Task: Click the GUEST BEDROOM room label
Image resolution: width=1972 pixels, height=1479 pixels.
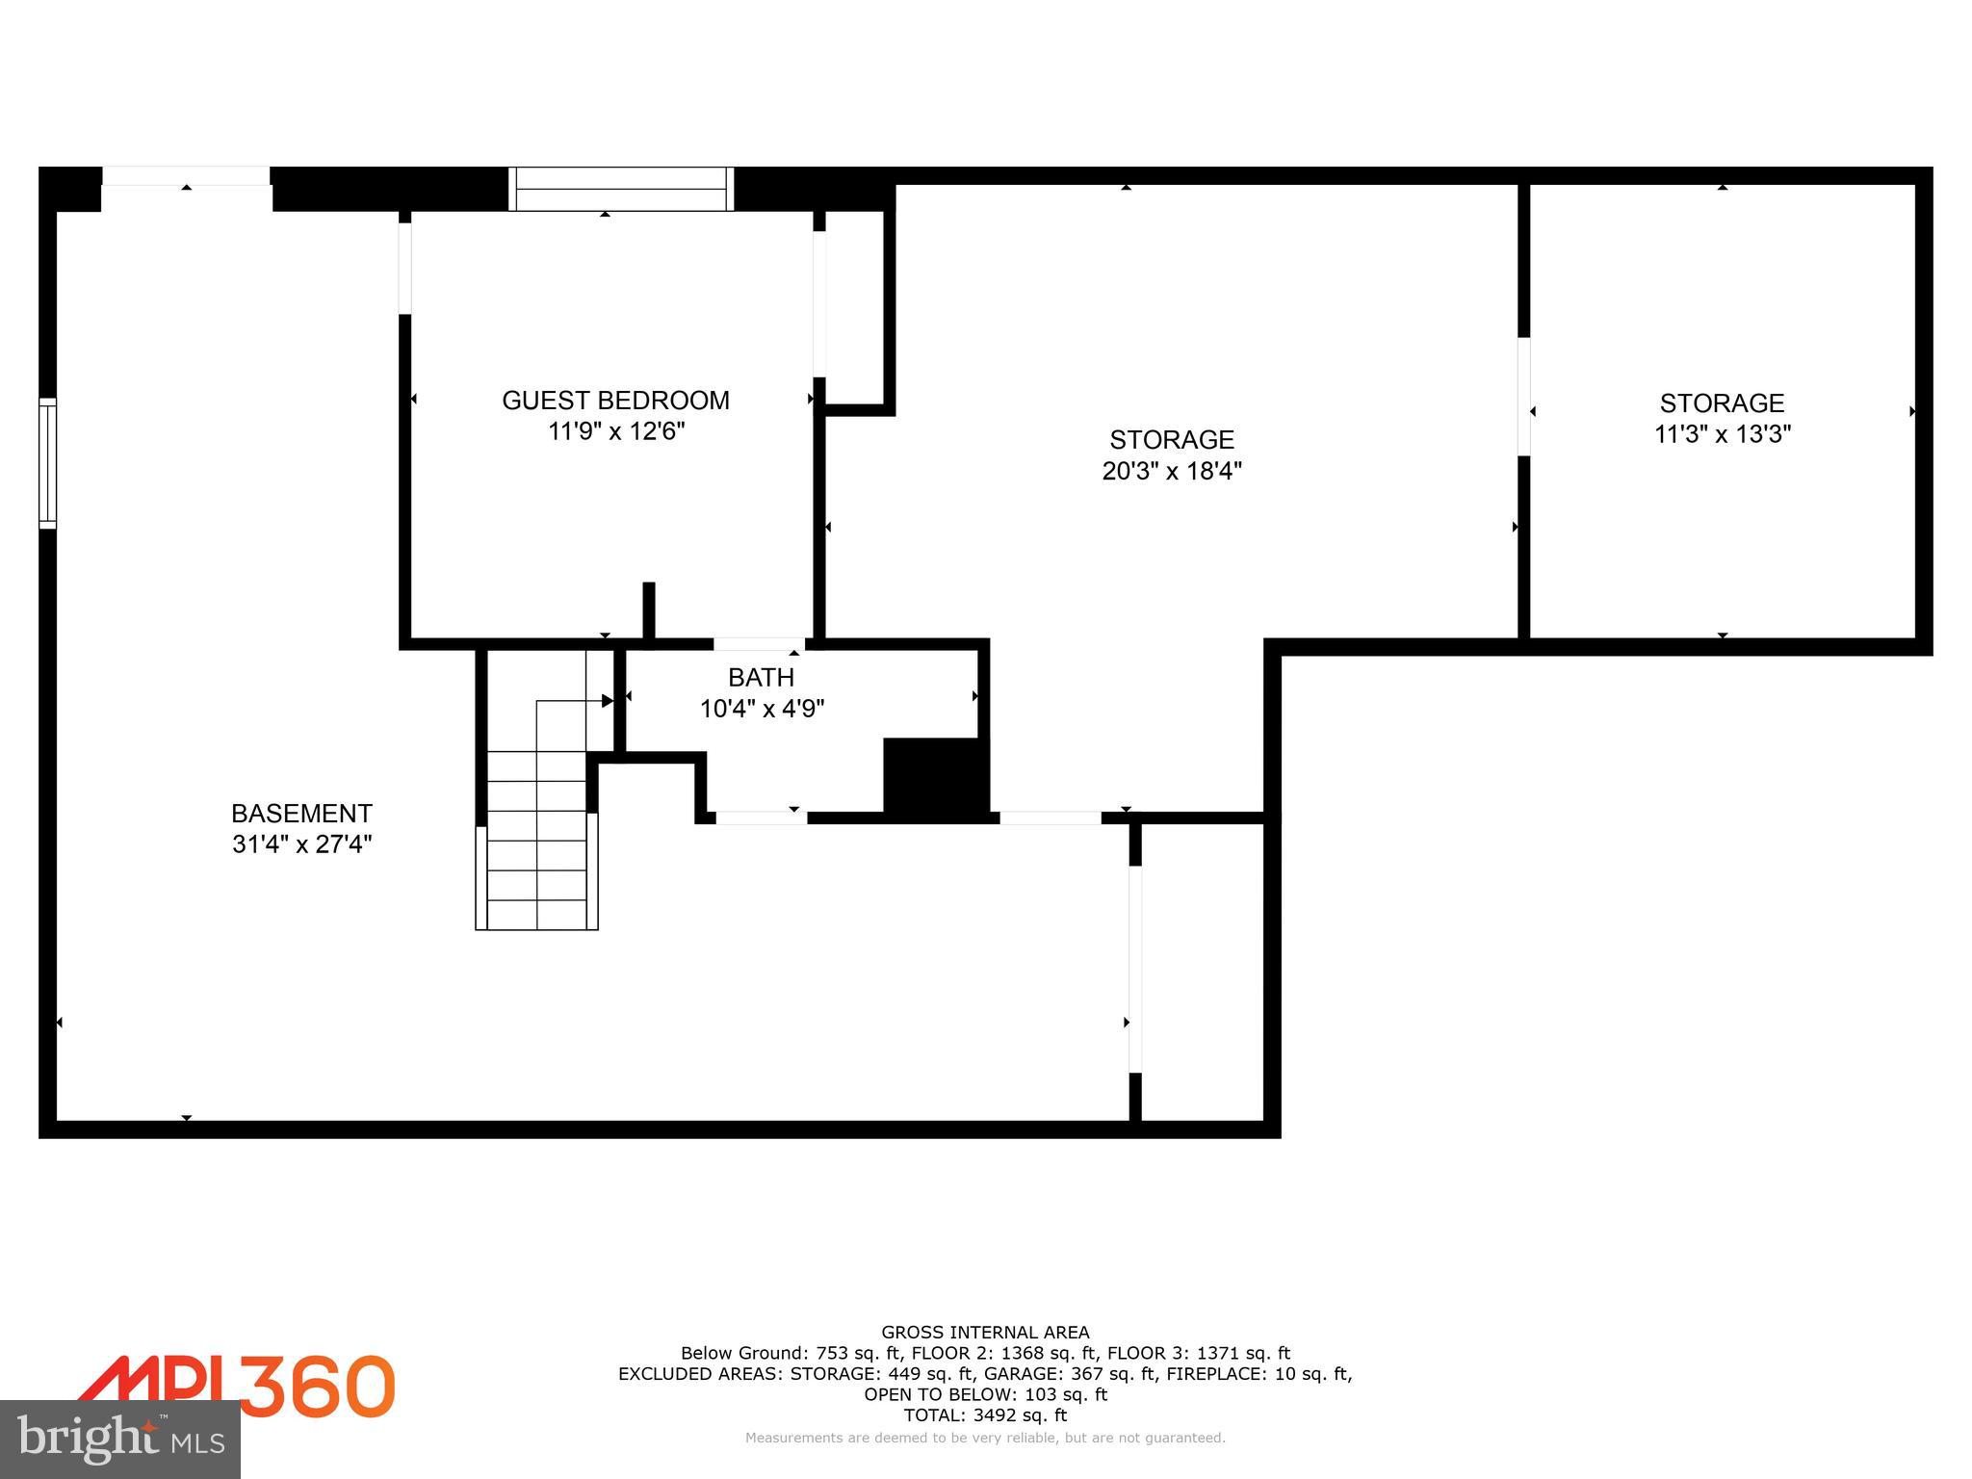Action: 615,401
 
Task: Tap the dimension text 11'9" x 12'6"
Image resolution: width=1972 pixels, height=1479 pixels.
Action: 615,431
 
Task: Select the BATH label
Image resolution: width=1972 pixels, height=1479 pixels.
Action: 761,678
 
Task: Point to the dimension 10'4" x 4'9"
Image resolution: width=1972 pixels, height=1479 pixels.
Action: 761,709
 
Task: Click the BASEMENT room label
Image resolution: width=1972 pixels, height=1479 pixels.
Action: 301,814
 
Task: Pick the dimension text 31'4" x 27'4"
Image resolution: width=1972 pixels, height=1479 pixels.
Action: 301,844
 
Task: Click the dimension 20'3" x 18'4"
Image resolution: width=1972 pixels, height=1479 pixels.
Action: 1171,471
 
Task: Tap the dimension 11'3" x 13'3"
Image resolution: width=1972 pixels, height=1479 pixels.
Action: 1722,434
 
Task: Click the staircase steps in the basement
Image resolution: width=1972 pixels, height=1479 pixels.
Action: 536,838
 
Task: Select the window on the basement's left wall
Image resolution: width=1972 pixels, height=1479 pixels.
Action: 47,463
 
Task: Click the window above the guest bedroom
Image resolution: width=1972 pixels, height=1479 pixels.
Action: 620,189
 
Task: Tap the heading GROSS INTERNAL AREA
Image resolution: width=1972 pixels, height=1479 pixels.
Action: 985,1333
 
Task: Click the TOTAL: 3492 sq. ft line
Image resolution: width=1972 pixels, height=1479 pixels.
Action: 985,1415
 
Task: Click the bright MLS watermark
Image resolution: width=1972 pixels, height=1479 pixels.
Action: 120,1439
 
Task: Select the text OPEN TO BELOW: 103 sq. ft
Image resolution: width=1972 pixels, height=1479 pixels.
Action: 985,1394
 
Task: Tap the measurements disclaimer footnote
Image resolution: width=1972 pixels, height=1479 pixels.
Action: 985,1439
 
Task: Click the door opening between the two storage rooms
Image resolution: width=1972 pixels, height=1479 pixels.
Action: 1523,396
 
